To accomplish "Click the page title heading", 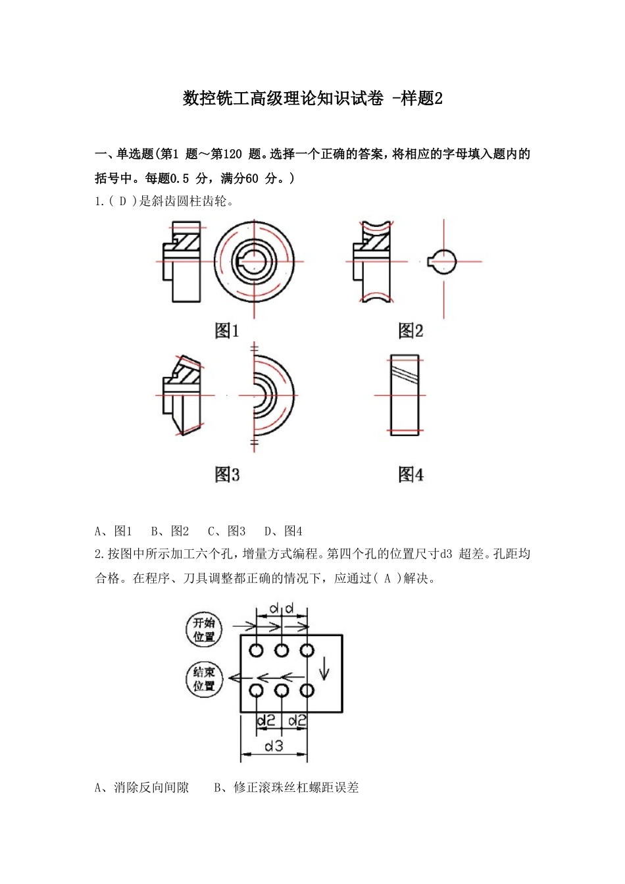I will pyautogui.click(x=312, y=99).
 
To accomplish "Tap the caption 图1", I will pyautogui.click(x=227, y=331).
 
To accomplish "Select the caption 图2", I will pyautogui.click(x=411, y=331).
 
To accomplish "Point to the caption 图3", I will pyautogui.click(x=227, y=474).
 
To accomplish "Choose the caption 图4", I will pyautogui.click(x=411, y=474).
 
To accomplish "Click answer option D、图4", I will pyautogui.click(x=284, y=531).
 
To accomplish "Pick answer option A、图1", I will pyautogui.click(x=114, y=531).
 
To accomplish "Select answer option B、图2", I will pyautogui.click(x=170, y=531).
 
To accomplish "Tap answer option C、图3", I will pyautogui.click(x=227, y=531).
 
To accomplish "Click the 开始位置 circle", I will pyautogui.click(x=204, y=629).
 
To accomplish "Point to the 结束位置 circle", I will pyautogui.click(x=204, y=679).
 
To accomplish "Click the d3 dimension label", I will pyautogui.click(x=274, y=746).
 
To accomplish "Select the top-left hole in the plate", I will pyautogui.click(x=257, y=651).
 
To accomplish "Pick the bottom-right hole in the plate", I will pyautogui.click(x=307, y=691).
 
